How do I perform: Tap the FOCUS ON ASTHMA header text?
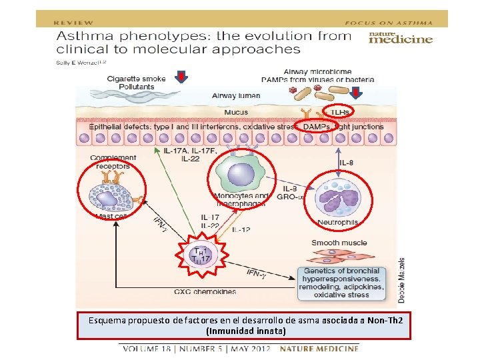pyautogui.click(x=397, y=22)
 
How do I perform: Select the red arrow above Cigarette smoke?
pyautogui.click(x=181, y=78)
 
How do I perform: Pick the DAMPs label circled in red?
pyautogui.click(x=316, y=127)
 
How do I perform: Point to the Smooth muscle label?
pyautogui.click(x=339, y=243)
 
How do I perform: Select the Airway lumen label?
pyautogui.click(x=236, y=96)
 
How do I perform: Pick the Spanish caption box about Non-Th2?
pyautogui.click(x=243, y=325)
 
